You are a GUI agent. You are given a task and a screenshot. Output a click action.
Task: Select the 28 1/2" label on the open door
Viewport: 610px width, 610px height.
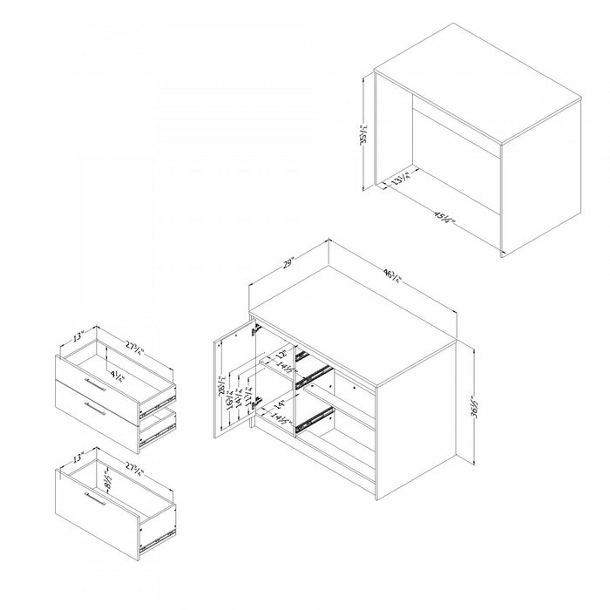224,384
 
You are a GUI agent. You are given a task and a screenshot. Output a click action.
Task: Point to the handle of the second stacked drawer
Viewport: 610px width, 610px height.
94,408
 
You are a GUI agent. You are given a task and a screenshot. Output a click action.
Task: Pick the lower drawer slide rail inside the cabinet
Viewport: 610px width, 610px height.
314,421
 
